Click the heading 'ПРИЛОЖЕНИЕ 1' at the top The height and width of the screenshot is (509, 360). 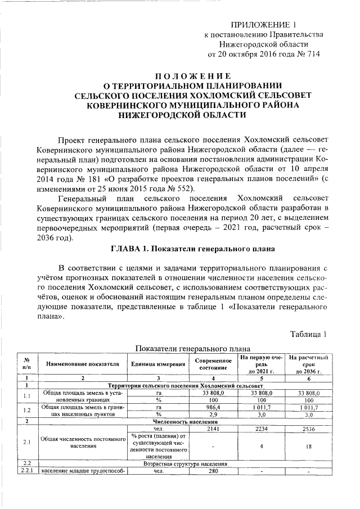tap(263, 25)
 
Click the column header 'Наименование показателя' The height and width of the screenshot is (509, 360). tap(83, 364)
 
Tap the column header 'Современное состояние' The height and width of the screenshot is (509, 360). tap(213, 364)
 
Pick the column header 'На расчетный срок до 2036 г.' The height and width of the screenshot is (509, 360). tap(309, 364)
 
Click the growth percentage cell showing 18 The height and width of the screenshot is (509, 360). tap(309, 446)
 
